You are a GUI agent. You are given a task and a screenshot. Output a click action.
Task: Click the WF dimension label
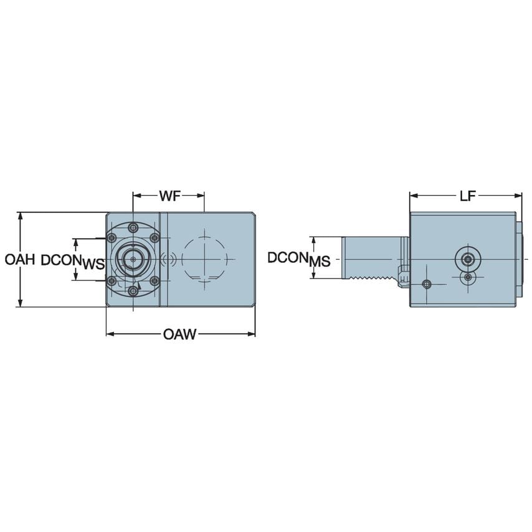(x=168, y=196)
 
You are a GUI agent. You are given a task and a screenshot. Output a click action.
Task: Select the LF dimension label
(x=467, y=196)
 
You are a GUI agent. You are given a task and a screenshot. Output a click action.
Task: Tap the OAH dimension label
(x=18, y=259)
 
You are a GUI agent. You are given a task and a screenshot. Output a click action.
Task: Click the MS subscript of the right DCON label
(x=320, y=262)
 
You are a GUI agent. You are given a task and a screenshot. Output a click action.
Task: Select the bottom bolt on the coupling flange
(x=132, y=290)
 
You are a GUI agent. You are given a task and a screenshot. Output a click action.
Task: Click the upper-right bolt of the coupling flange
(x=154, y=237)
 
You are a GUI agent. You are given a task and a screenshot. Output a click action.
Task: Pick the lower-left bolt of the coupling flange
(x=111, y=282)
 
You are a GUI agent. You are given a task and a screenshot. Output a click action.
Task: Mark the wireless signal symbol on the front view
(x=166, y=259)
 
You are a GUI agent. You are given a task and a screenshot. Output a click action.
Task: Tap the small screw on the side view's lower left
(x=426, y=284)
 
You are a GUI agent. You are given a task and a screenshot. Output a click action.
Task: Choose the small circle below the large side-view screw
(x=467, y=277)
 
